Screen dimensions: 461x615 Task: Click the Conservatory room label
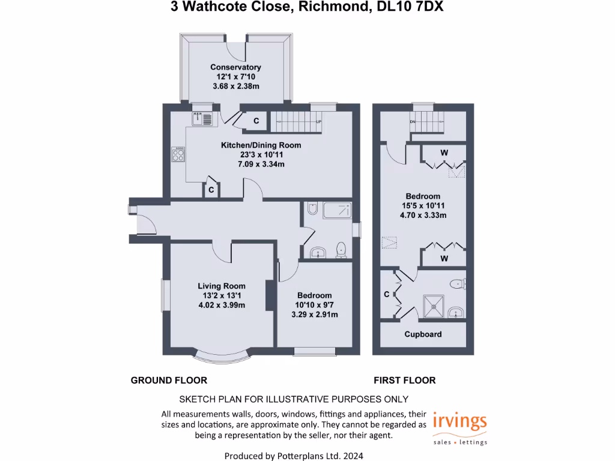pos(235,67)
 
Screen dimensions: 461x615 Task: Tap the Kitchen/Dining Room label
pos(261,145)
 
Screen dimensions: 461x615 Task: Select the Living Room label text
pos(222,286)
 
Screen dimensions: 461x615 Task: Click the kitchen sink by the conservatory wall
pos(202,119)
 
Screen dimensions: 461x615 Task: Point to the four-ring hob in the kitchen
pos(178,154)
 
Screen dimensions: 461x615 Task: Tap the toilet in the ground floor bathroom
pos(342,249)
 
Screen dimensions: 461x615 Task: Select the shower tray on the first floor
pos(432,305)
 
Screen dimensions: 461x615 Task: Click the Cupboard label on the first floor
pos(423,334)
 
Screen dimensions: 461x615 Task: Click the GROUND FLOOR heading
pos(169,380)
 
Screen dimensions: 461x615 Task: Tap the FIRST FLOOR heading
pos(404,380)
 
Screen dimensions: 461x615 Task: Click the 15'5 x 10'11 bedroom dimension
pos(423,206)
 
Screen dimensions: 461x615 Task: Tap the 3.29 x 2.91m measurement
pos(314,315)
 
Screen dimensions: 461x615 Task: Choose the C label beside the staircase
pos(256,121)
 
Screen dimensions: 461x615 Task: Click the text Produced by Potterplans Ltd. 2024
pos(294,456)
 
